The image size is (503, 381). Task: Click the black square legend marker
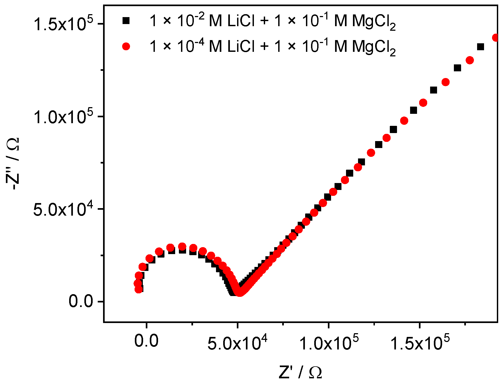coord(126,21)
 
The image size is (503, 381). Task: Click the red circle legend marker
coord(126,46)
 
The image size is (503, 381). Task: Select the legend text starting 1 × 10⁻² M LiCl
coord(272,21)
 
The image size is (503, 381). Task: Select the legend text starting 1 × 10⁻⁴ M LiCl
coord(272,47)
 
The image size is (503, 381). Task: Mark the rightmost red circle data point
coord(496,37)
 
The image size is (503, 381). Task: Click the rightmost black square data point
coord(480,47)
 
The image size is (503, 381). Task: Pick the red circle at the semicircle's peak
coord(182,246)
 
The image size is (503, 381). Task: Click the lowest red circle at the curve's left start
coord(139,289)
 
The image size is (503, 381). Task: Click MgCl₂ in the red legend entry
coord(374,47)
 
